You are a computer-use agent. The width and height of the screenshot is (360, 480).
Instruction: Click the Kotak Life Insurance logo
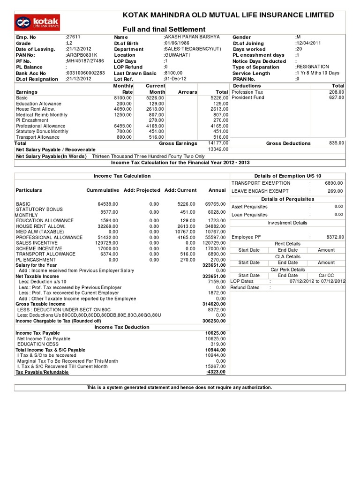coord(38,22)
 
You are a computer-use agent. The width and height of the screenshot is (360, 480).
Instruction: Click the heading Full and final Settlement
coord(164,30)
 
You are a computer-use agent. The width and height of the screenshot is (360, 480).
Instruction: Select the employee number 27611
coord(74,37)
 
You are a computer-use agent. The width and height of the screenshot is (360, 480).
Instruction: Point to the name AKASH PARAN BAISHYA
coord(192,37)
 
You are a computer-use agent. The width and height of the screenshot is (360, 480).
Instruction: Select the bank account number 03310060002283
coord(86,73)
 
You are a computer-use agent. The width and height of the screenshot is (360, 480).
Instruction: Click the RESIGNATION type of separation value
coord(313,67)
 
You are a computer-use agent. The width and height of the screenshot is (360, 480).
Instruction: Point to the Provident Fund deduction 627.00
coord(336,97)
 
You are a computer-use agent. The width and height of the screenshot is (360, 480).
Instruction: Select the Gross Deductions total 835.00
coord(336,143)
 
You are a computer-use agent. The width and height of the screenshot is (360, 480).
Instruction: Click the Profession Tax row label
coord(248,92)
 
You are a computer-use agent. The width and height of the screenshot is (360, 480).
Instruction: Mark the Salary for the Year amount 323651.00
coord(214,265)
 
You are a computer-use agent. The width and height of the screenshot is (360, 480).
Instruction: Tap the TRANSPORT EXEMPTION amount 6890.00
coord(334,183)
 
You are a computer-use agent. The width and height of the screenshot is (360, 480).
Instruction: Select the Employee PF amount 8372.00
coord(334,237)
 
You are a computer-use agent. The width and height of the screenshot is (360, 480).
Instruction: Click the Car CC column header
coord(326,276)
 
